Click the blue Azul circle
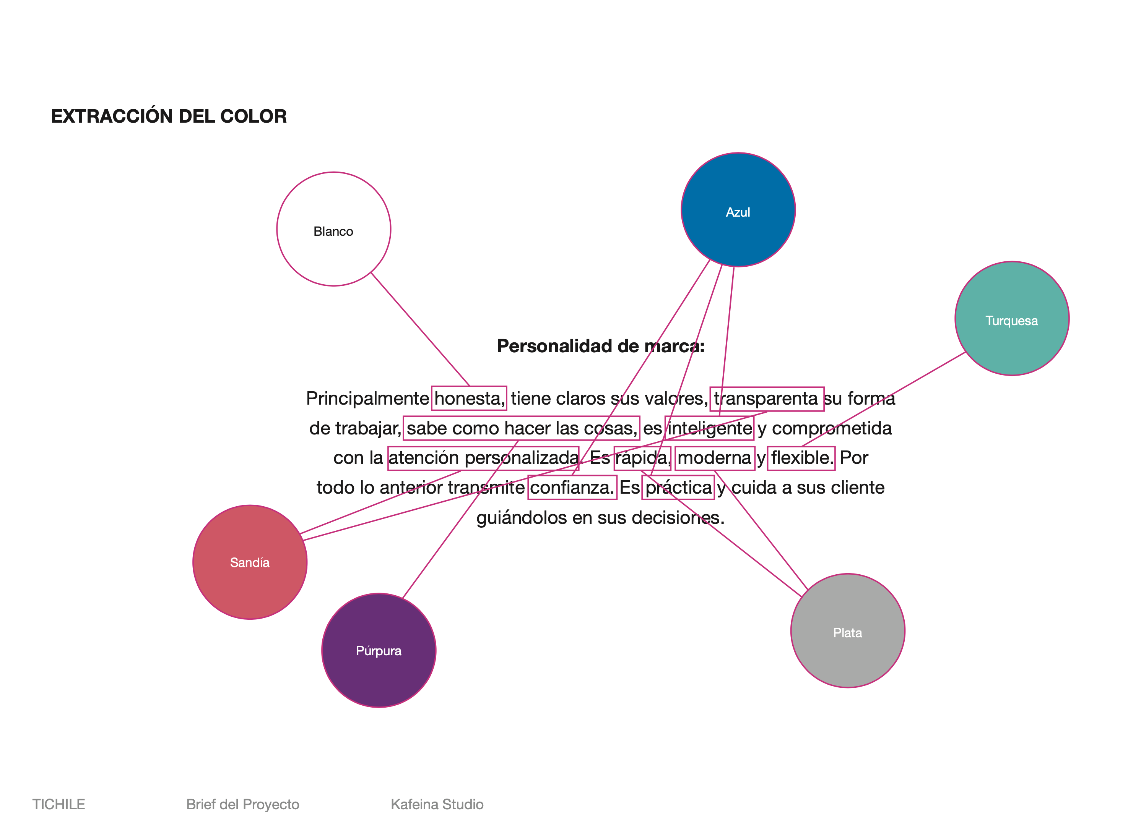[x=738, y=209]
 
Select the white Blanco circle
[x=334, y=229]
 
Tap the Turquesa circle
[x=1012, y=318]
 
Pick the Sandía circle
[x=250, y=562]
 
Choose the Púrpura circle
[x=379, y=650]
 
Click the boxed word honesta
[x=469, y=398]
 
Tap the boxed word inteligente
[x=709, y=428]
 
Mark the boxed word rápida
[x=642, y=458]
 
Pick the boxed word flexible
[x=801, y=458]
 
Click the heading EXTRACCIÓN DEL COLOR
[x=169, y=116]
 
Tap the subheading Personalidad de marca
[x=600, y=346]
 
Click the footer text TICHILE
[x=59, y=804]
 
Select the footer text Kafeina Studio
[x=437, y=804]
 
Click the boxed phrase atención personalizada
[x=483, y=458]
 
